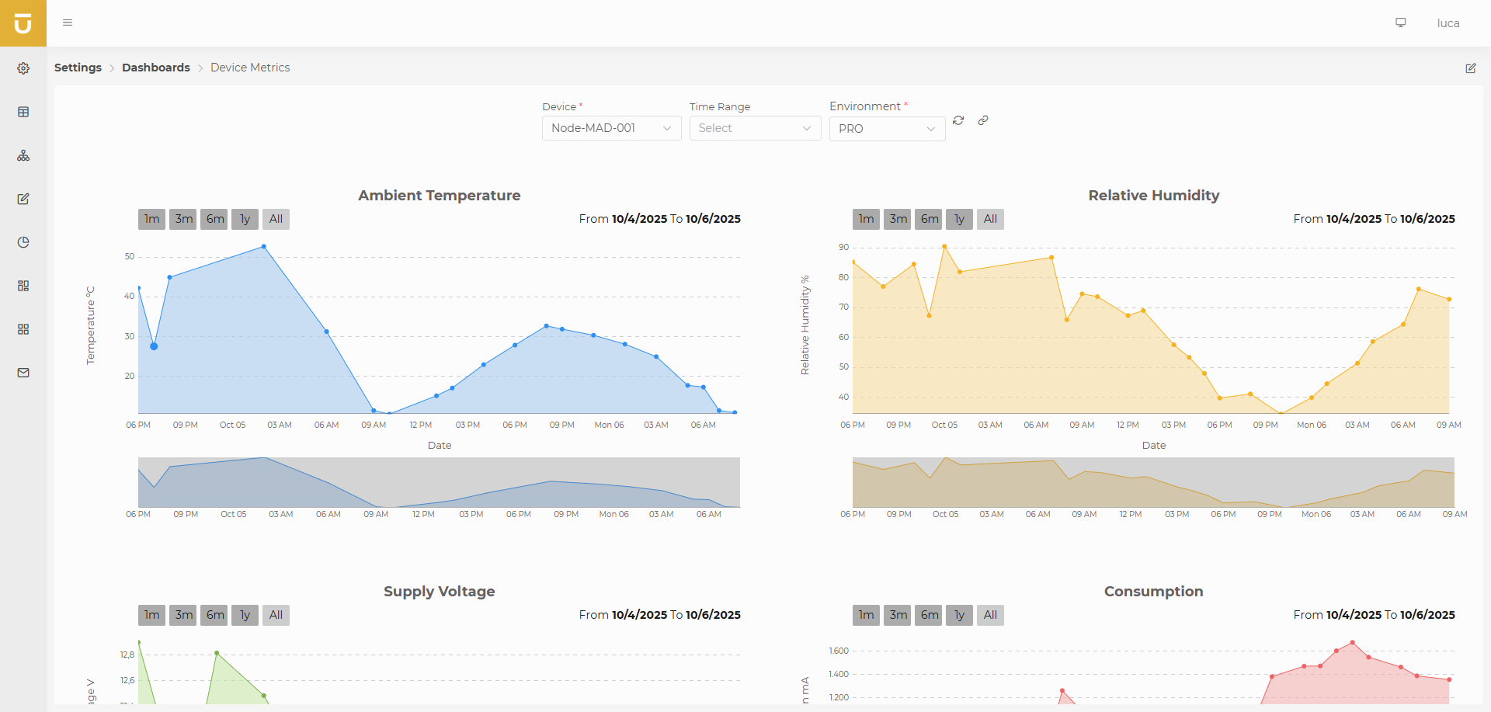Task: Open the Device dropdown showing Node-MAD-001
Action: pos(610,128)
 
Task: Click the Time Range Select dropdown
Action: pos(754,128)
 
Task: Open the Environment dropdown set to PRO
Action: pos(886,129)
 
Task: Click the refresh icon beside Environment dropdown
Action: pos(958,120)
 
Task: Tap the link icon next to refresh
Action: pos(983,120)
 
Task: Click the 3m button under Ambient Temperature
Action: pos(183,219)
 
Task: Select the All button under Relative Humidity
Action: pos(990,219)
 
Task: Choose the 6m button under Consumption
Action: pos(929,615)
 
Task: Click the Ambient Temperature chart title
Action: pos(439,196)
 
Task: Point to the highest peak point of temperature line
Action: pos(264,247)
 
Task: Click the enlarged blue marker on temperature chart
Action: pos(154,346)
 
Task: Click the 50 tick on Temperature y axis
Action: pos(129,256)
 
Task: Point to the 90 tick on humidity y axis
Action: pos(843,247)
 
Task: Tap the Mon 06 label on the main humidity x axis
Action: pos(1311,425)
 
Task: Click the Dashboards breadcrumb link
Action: pos(155,68)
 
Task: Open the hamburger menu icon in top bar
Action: pos(68,23)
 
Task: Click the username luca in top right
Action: pos(1448,23)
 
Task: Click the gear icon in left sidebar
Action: pos(23,68)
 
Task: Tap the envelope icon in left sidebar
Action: pos(23,373)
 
